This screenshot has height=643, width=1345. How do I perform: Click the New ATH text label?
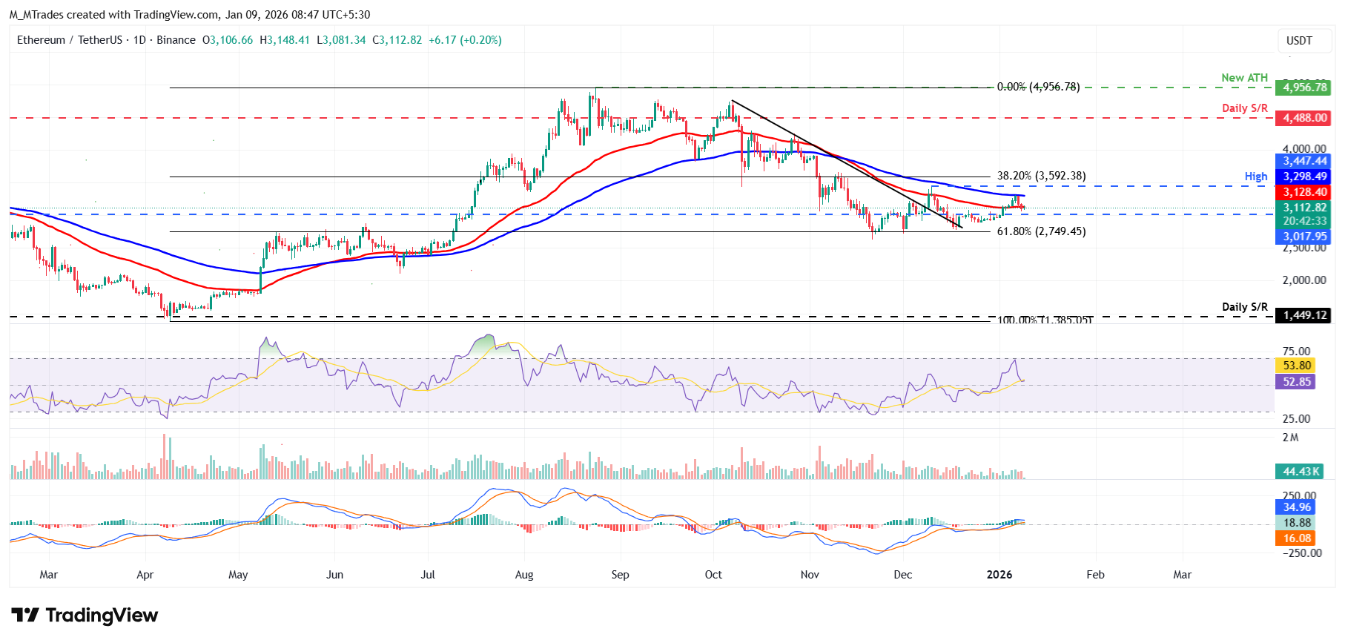pos(1244,78)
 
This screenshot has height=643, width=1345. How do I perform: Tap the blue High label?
pos(1255,177)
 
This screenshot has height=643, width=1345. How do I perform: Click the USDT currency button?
pos(1299,41)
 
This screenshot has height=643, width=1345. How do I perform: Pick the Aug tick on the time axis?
pos(524,575)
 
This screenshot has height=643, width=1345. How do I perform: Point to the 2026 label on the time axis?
pos(999,575)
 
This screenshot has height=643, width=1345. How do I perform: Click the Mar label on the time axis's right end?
pos(1182,575)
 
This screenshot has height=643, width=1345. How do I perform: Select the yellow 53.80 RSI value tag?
pos(1297,366)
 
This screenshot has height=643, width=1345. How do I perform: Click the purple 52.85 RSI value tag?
pos(1297,382)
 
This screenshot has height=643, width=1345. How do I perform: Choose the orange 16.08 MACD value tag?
pos(1297,538)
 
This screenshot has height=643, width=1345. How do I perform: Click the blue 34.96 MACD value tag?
pos(1297,507)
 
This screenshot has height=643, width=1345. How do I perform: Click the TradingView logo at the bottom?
pos(85,616)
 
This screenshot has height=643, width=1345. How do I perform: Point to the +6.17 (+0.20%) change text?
pos(465,40)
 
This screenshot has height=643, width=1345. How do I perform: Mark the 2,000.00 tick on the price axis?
pos(1304,280)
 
